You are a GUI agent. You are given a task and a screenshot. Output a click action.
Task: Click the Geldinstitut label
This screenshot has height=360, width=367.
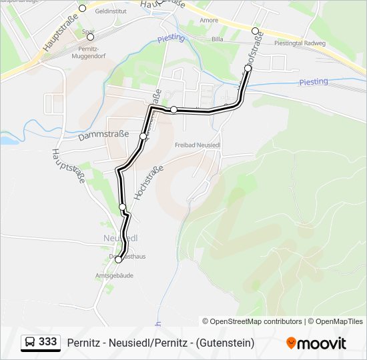pyautogui.click(x=111, y=12)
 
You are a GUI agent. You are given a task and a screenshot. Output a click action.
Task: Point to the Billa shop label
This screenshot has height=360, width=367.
pyautogui.click(x=218, y=40)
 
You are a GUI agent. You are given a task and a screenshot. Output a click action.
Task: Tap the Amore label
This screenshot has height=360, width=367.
pyautogui.click(x=209, y=21)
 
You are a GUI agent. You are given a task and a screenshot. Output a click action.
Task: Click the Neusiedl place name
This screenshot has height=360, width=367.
pyautogui.click(x=121, y=238)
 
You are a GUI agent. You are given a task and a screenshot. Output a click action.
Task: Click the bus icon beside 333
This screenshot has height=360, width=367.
pyautogui.click(x=29, y=342)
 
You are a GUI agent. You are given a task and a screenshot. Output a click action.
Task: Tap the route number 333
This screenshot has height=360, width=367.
pyautogui.click(x=47, y=342)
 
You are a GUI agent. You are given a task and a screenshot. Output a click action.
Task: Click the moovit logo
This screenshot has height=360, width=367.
pyautogui.click(x=317, y=343)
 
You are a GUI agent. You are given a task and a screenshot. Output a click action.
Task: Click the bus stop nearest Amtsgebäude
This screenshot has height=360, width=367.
pyautogui.click(x=119, y=260)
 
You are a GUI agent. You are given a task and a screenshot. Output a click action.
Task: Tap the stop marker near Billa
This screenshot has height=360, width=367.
pyautogui.click(x=255, y=31)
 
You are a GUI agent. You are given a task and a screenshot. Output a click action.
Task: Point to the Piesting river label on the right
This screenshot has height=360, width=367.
pyautogui.click(x=313, y=81)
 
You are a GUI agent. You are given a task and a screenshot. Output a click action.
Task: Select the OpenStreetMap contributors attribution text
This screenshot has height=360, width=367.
pyautogui.click(x=253, y=321)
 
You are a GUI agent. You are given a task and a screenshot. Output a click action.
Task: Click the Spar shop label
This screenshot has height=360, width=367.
pyautogui.click(x=87, y=31)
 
